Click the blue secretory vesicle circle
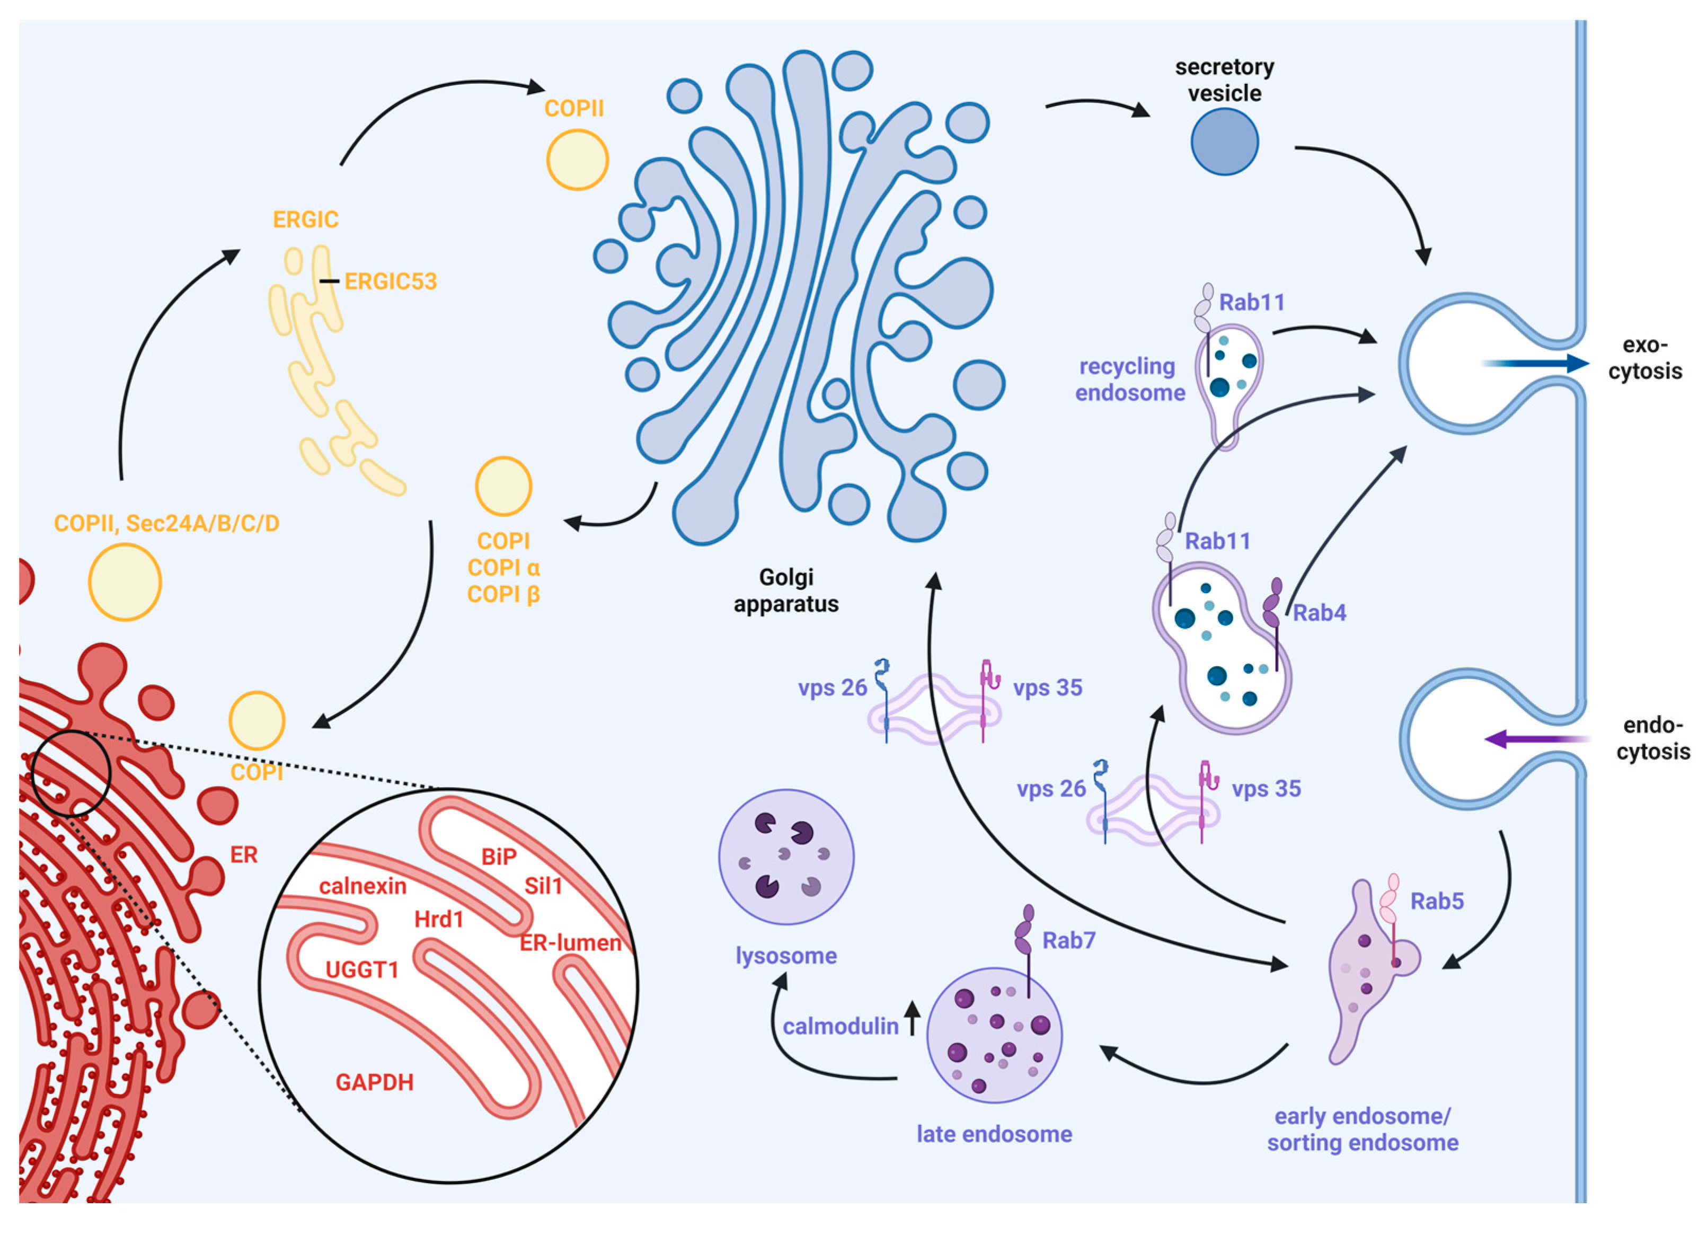tap(1224, 142)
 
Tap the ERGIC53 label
tap(390, 282)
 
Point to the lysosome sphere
tap(786, 856)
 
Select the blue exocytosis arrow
tap(1536, 364)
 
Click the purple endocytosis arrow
tap(1536, 739)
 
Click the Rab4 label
tap(1319, 613)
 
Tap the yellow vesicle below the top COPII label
tap(577, 160)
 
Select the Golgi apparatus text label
tap(786, 590)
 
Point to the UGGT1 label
tap(362, 970)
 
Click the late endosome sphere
tap(994, 1036)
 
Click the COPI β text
tap(503, 594)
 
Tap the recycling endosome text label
tap(1130, 379)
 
